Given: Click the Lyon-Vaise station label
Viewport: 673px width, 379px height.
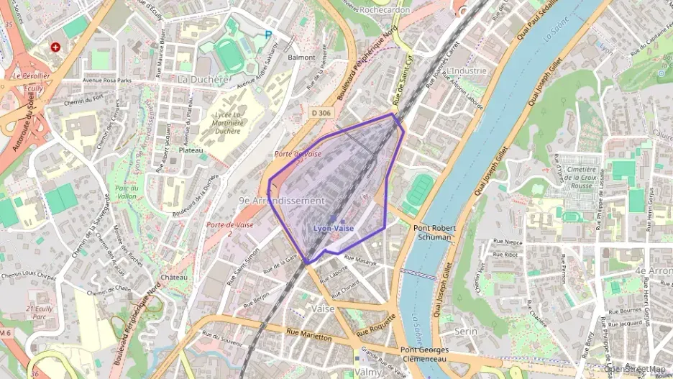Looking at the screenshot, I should [333, 228].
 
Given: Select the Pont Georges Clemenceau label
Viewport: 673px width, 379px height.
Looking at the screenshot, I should [425, 354].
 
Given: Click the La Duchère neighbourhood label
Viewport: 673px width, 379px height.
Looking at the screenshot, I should [202, 78].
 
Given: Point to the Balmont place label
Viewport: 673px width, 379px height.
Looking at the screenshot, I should [301, 57].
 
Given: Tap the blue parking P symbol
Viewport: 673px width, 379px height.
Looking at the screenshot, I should [269, 34].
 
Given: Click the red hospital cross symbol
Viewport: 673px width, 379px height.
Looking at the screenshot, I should [55, 47].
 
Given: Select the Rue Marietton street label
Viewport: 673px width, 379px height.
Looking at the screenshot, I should [308, 336].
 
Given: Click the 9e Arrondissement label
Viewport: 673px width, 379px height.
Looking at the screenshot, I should [282, 201].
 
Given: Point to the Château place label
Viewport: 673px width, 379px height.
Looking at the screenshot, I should [174, 277].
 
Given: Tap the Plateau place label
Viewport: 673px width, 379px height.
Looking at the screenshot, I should [191, 150].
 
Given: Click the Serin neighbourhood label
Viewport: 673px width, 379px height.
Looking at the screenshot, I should [467, 332].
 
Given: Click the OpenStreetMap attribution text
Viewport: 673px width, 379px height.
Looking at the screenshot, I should [635, 370].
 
